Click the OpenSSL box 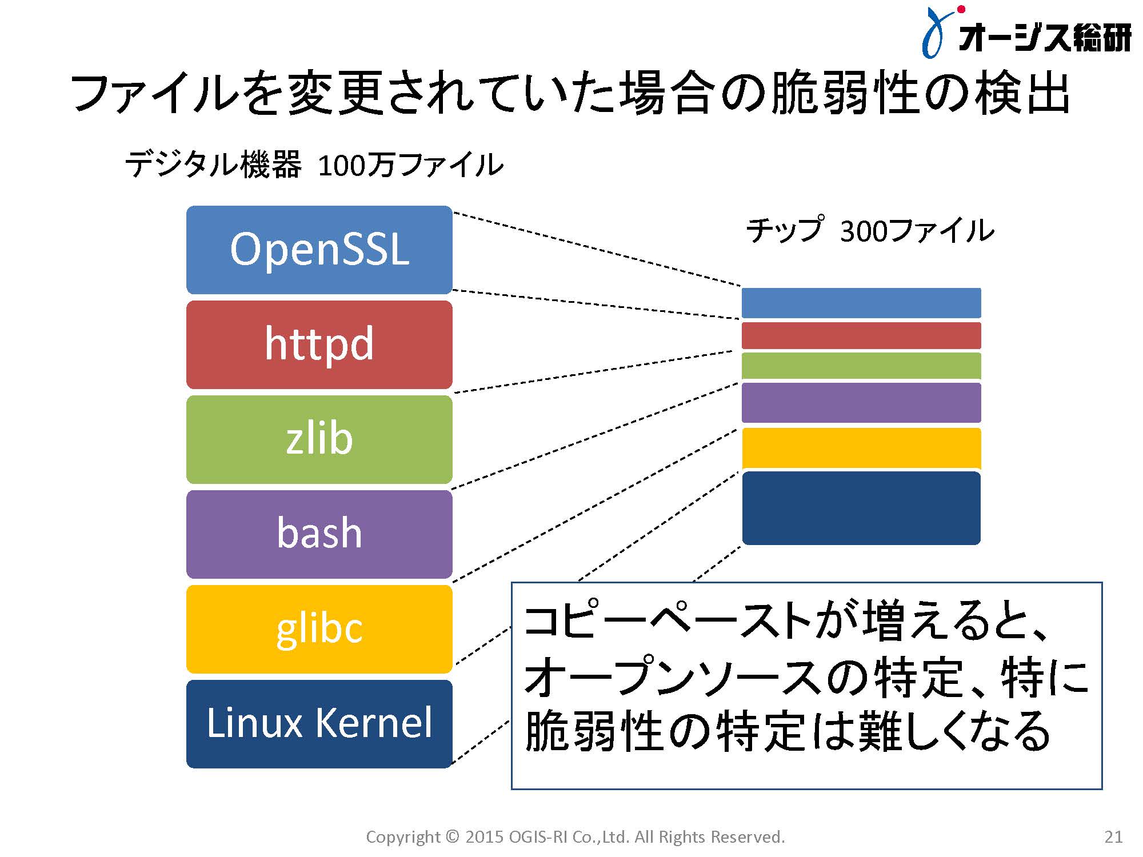coord(319,250)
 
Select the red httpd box coord(319,345)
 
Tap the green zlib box coord(319,439)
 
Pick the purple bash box coord(319,534)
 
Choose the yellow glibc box coord(319,629)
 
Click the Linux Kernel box coord(319,724)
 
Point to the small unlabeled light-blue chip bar coord(861,303)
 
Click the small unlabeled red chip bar coord(861,335)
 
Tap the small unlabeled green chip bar coord(861,366)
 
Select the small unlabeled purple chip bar coord(861,403)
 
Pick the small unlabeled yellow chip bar coord(861,448)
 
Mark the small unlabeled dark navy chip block coord(861,508)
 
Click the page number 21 coord(1113,837)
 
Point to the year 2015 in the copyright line coord(484,837)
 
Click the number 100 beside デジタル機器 coord(341,166)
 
